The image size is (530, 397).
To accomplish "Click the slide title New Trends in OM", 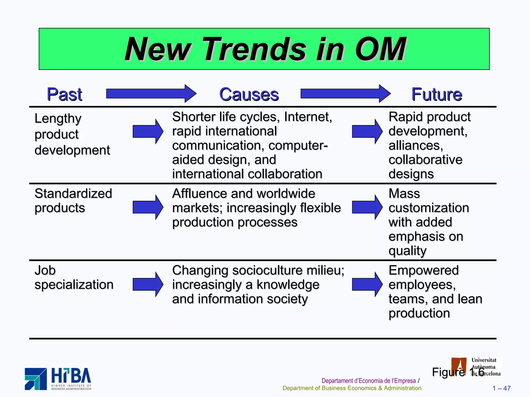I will point(265,49).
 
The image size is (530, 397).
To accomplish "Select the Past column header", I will point(64,94).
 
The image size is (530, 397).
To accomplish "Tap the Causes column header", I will point(249,94).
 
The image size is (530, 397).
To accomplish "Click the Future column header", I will point(437,94).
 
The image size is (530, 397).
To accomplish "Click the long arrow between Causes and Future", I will point(345,94).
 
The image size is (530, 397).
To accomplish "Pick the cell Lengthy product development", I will point(72,134).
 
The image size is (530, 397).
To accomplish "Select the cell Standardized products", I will point(73,201).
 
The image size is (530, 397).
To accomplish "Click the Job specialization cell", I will point(74,277).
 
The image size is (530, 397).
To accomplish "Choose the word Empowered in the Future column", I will point(423,270).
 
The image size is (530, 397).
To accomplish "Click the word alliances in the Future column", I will point(416,146).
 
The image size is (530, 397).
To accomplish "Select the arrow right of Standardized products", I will point(148,207).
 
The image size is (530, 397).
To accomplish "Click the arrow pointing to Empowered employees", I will point(367,284).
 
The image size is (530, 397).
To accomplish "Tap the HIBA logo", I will point(58,379).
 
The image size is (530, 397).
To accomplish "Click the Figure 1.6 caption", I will point(458,372).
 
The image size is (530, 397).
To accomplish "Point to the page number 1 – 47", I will point(501,388).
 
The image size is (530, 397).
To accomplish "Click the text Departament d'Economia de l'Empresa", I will point(368,381).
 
